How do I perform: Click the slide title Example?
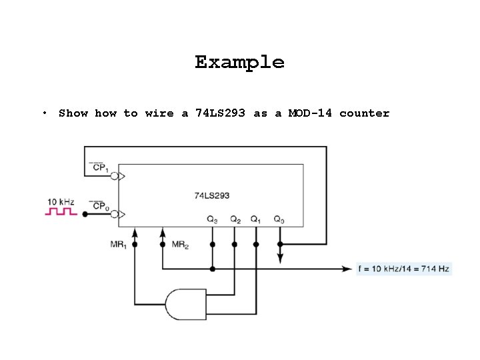coord(239,63)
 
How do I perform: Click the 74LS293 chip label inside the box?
coord(212,195)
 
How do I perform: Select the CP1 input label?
coord(101,167)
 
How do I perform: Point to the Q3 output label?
coord(212,219)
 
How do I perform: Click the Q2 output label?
coord(235,219)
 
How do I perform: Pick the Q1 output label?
coord(256,219)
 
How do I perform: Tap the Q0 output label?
coord(279,219)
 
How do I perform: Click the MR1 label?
coord(119,245)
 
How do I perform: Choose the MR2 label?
coord(180,245)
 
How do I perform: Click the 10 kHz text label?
coord(60,200)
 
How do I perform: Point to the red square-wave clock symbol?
coord(61,212)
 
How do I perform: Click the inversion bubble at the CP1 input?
coord(115,176)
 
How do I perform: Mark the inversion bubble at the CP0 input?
coord(115,214)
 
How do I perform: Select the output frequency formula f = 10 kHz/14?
coord(404,269)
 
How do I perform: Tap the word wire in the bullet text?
coord(159,113)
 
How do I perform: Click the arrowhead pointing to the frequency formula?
coord(347,269)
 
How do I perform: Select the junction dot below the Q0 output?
coord(280,245)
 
